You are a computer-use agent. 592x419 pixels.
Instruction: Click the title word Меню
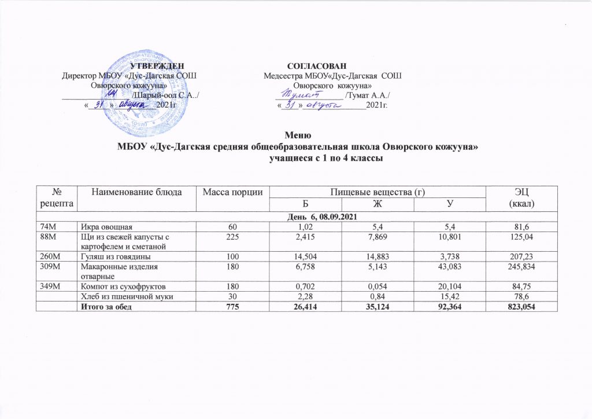pyautogui.click(x=295, y=134)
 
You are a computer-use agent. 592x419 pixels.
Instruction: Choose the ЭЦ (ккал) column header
pyautogui.click(x=520, y=197)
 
